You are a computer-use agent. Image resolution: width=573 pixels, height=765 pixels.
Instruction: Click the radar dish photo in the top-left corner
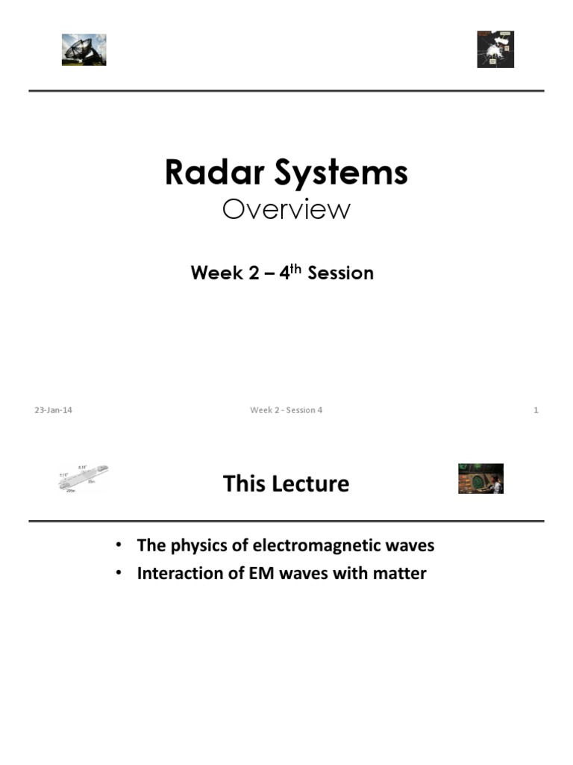[x=84, y=50]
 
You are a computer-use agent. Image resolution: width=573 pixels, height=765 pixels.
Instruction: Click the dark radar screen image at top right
[x=495, y=49]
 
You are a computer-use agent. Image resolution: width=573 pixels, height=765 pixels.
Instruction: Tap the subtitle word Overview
[x=286, y=210]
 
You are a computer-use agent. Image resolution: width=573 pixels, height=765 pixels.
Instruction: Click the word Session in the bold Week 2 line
[x=340, y=273]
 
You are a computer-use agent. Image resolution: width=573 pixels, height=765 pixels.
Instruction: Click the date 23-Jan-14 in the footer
[x=53, y=410]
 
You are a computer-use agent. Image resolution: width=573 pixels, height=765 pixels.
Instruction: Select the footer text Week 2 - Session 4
[x=286, y=410]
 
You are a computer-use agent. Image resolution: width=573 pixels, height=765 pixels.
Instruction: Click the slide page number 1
[x=536, y=410]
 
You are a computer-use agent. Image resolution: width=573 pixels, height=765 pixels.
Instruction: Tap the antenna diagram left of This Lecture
[x=83, y=479]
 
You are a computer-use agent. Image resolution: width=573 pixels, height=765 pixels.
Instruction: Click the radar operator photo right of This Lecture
[x=480, y=479]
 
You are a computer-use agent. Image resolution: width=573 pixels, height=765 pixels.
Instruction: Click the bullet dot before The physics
[x=119, y=545]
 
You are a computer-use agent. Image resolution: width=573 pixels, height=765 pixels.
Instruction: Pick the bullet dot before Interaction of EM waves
[x=119, y=574]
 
